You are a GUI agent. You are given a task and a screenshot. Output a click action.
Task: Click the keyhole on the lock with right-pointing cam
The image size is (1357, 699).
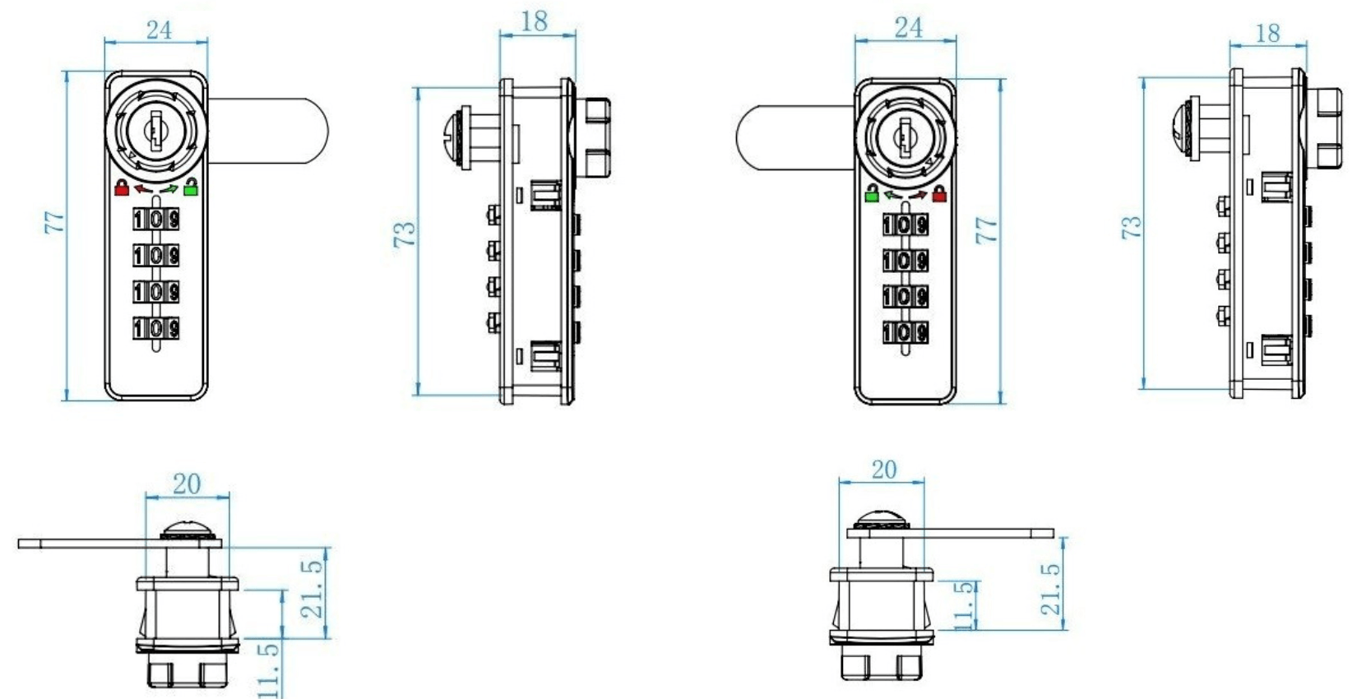click(x=155, y=132)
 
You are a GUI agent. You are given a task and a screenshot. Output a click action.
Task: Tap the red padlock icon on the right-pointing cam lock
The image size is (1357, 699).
click(x=122, y=187)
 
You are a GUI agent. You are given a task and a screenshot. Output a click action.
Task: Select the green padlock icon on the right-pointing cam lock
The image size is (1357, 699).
click(x=191, y=187)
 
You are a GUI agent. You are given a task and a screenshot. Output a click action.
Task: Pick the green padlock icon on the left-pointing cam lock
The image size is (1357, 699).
click(x=872, y=194)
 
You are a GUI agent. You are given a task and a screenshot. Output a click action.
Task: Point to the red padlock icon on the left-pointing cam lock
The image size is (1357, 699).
click(x=939, y=194)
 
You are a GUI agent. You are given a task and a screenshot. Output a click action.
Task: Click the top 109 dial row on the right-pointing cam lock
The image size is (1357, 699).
click(x=156, y=220)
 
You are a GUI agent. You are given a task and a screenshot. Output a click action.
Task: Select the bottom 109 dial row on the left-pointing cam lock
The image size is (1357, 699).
click(x=905, y=332)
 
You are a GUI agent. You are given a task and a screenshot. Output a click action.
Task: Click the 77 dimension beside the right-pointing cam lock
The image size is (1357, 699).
click(x=54, y=222)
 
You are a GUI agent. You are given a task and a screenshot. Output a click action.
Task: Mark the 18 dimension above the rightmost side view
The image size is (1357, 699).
click(x=1267, y=33)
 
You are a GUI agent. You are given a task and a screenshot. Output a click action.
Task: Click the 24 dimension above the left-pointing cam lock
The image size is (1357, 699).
click(x=908, y=27)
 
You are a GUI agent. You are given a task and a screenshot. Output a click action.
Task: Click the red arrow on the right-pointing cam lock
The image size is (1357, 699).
click(x=142, y=190)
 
